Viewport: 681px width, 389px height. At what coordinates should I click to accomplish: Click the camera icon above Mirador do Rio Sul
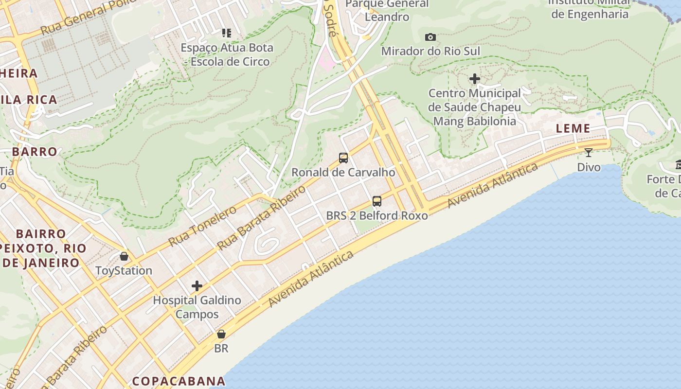click(430, 37)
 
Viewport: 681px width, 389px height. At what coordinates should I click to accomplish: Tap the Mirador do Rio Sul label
click(430, 51)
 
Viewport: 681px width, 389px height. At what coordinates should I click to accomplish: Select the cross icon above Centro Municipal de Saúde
click(475, 79)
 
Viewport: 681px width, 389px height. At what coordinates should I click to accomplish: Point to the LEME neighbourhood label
click(573, 129)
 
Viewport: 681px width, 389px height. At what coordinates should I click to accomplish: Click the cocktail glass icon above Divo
click(589, 153)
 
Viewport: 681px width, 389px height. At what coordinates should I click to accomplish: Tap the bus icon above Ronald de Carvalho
click(343, 158)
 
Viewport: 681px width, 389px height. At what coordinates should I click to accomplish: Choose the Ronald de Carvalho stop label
click(343, 172)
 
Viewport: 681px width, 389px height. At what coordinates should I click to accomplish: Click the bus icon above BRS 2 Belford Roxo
click(376, 201)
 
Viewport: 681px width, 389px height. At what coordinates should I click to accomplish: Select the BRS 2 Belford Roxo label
click(377, 215)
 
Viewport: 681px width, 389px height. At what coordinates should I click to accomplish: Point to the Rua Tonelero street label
click(202, 226)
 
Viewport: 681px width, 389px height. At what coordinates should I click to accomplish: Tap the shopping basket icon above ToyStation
click(124, 256)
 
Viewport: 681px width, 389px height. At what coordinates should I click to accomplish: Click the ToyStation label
click(124, 270)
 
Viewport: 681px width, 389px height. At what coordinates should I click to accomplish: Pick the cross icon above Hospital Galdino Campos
click(197, 286)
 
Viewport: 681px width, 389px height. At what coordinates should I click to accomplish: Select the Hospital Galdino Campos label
click(197, 307)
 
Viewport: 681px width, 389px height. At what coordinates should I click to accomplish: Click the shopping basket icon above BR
click(221, 334)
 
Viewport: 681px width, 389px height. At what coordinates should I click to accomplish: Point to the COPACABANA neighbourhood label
click(179, 381)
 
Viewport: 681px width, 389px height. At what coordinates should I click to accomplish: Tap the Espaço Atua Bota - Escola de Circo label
click(227, 54)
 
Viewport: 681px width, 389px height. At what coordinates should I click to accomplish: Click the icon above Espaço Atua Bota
click(227, 33)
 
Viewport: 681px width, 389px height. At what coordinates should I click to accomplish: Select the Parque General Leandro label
click(387, 10)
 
